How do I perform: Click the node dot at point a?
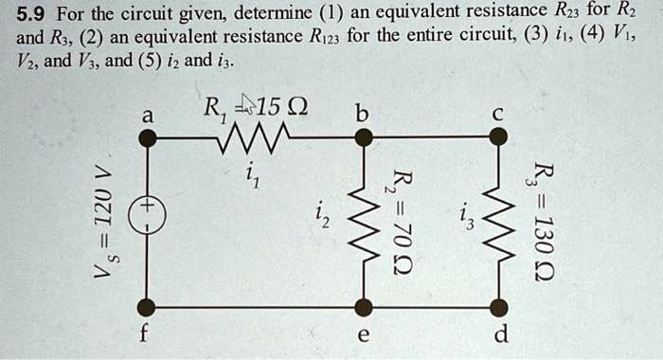pyautogui.click(x=147, y=138)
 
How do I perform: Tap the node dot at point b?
pyautogui.click(x=363, y=138)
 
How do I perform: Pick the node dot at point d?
pyautogui.click(x=499, y=307)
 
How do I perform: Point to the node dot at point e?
pyautogui.click(x=363, y=307)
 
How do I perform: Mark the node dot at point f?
pyautogui.click(x=147, y=307)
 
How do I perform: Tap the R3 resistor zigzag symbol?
pyautogui.click(x=499, y=221)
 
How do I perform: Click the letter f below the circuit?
pyautogui.click(x=146, y=335)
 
